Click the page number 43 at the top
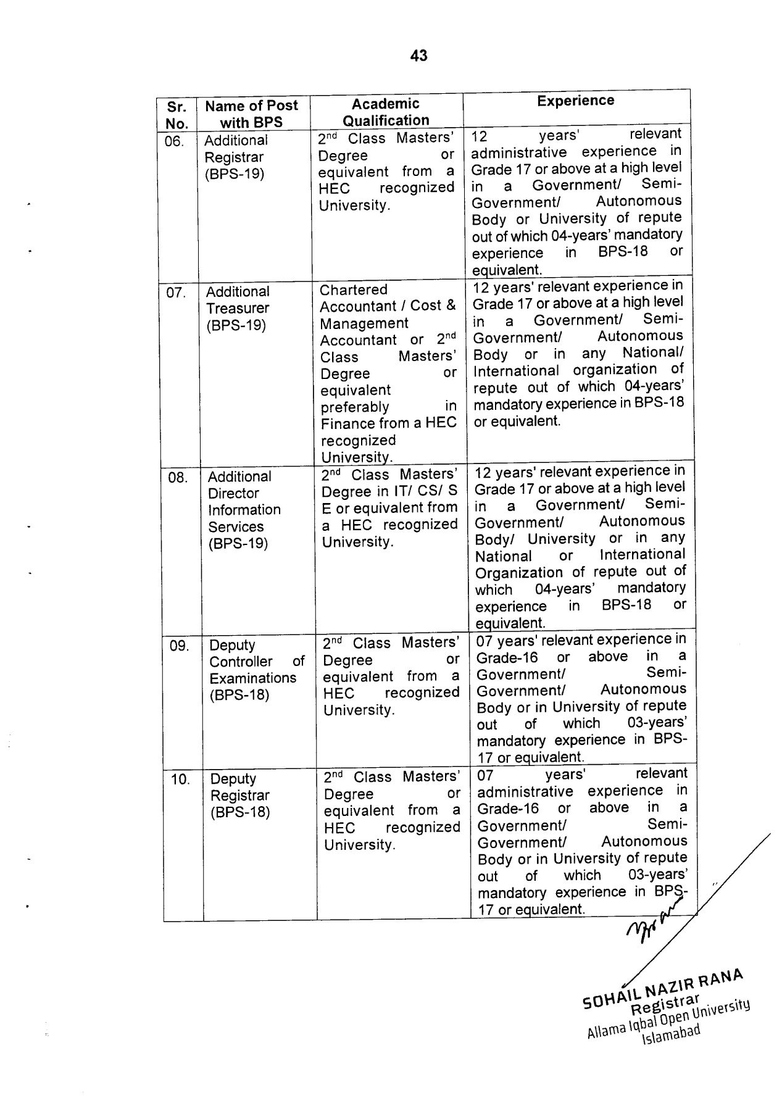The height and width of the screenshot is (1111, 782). (418, 56)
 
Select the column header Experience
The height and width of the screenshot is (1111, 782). (575, 101)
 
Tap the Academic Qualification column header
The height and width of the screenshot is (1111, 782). (386, 112)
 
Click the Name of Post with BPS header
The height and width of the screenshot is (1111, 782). (251, 114)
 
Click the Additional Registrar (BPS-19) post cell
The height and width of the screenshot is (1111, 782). (236, 157)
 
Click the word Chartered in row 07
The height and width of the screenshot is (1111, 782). (354, 290)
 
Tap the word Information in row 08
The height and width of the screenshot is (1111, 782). (244, 510)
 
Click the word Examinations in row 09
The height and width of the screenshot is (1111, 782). (252, 678)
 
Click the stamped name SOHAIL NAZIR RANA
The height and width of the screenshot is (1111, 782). (663, 991)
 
